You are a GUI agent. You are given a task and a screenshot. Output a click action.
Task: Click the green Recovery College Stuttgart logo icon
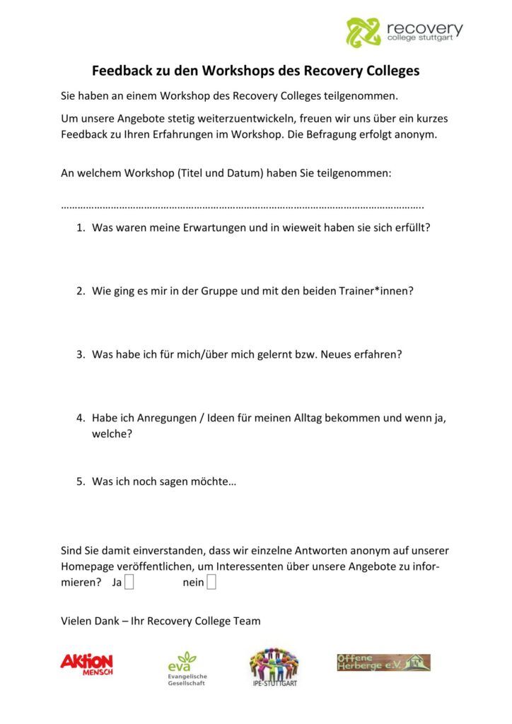[363, 31]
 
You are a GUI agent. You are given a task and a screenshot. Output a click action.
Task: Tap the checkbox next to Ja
[129, 583]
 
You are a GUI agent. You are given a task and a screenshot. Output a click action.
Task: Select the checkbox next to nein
[211, 583]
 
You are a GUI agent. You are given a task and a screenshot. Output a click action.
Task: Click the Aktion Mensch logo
[86, 662]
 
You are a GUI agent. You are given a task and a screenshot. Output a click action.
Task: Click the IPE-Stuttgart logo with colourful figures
[274, 667]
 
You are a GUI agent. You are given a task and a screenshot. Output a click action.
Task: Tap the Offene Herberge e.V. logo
[383, 662]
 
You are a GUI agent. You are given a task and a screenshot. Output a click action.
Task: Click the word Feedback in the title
[122, 71]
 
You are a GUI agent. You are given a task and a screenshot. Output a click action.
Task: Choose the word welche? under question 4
[112, 434]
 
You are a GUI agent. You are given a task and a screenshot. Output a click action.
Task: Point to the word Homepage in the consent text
[88, 566]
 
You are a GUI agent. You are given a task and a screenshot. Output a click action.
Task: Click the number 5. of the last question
[81, 481]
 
